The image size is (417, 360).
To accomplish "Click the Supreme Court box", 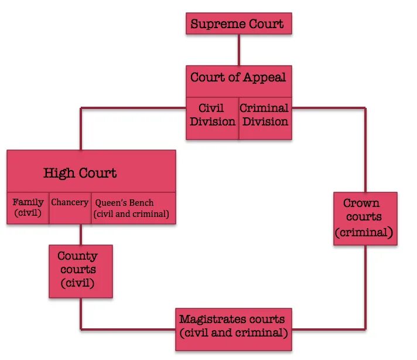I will pos(238,24).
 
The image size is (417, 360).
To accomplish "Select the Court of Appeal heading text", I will pos(238,77).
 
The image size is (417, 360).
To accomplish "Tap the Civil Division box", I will pos(212,116).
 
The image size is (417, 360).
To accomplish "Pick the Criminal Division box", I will pos(265,116).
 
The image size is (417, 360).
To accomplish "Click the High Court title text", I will pos(80,173).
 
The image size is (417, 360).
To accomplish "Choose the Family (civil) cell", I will pos(28,208).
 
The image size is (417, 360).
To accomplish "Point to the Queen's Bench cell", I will pos(133,208).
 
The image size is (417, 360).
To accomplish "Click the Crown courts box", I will pos(365,218).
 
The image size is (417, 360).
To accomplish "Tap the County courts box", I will pos(80,270).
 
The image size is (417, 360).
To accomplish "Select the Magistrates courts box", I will pos(233,327).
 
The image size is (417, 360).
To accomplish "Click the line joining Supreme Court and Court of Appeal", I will pos(238,50).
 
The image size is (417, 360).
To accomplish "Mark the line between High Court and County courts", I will pos(80,235).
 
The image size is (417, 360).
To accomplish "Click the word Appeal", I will pos(265,77).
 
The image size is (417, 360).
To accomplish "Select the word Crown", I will pos(361,203).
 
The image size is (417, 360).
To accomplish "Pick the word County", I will pos(77,256).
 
